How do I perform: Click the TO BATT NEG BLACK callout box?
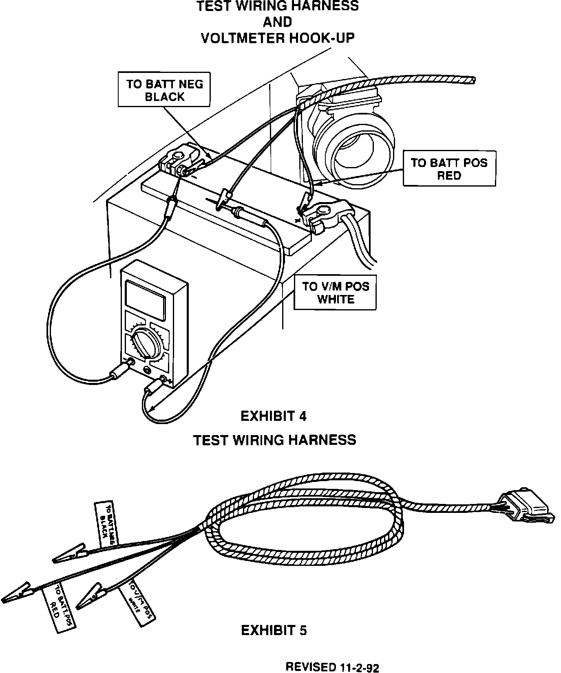pyautogui.click(x=164, y=90)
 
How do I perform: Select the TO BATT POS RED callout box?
pyautogui.click(x=449, y=169)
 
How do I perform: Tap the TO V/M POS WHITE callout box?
pyautogui.click(x=335, y=293)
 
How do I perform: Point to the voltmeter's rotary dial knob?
pyautogui.click(x=145, y=342)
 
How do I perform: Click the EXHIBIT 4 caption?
pyautogui.click(x=274, y=416)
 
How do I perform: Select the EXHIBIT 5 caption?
pyautogui.click(x=274, y=631)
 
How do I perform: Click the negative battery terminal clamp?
pyautogui.click(x=179, y=162)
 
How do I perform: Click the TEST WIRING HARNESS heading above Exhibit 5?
pyautogui.click(x=274, y=440)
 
